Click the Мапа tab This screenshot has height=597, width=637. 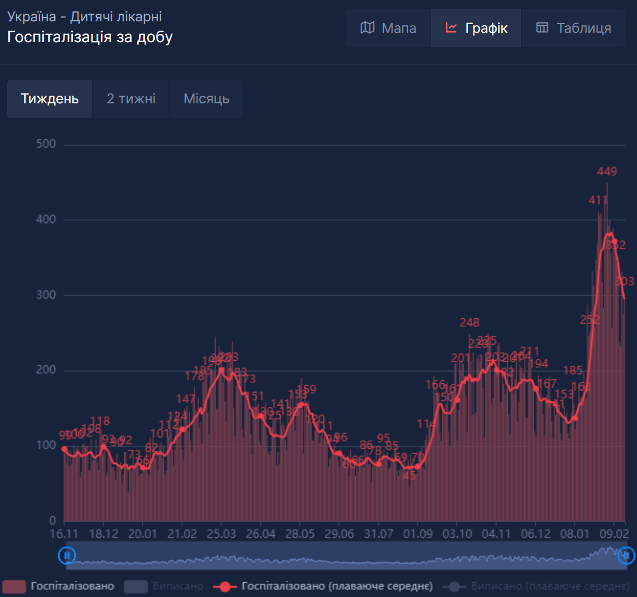389,28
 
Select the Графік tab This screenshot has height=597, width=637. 476,28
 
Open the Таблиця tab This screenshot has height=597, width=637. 573,28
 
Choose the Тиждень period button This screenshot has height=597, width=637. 50,99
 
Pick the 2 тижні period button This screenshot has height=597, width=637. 131,99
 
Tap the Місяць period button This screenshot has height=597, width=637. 206,99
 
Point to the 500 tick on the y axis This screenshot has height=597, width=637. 45,144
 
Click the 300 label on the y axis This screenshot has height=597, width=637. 45,295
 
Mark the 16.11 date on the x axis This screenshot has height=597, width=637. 64,534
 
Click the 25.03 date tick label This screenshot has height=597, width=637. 221,534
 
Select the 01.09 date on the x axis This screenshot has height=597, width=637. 418,534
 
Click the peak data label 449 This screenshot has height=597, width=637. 607,172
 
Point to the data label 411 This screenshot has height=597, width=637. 598,200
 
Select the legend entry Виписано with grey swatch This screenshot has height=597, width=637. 164,586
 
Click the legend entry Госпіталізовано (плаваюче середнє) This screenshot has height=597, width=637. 326,586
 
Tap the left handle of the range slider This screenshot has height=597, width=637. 67,555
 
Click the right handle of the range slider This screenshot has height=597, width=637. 625,555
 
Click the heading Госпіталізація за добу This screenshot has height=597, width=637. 90,37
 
